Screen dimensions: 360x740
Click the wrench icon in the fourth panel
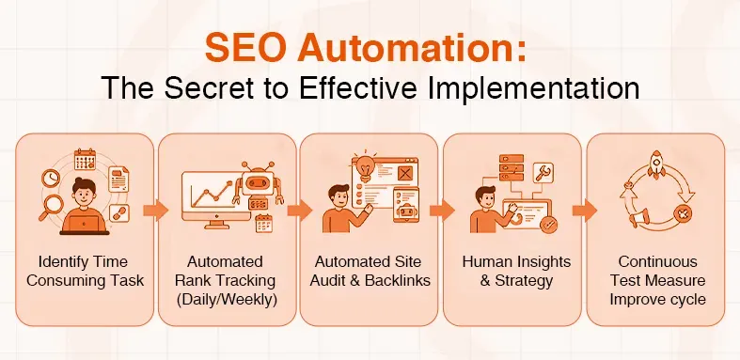(543, 172)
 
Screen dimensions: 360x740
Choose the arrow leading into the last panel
(580, 209)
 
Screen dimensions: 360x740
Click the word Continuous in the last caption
(654, 260)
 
